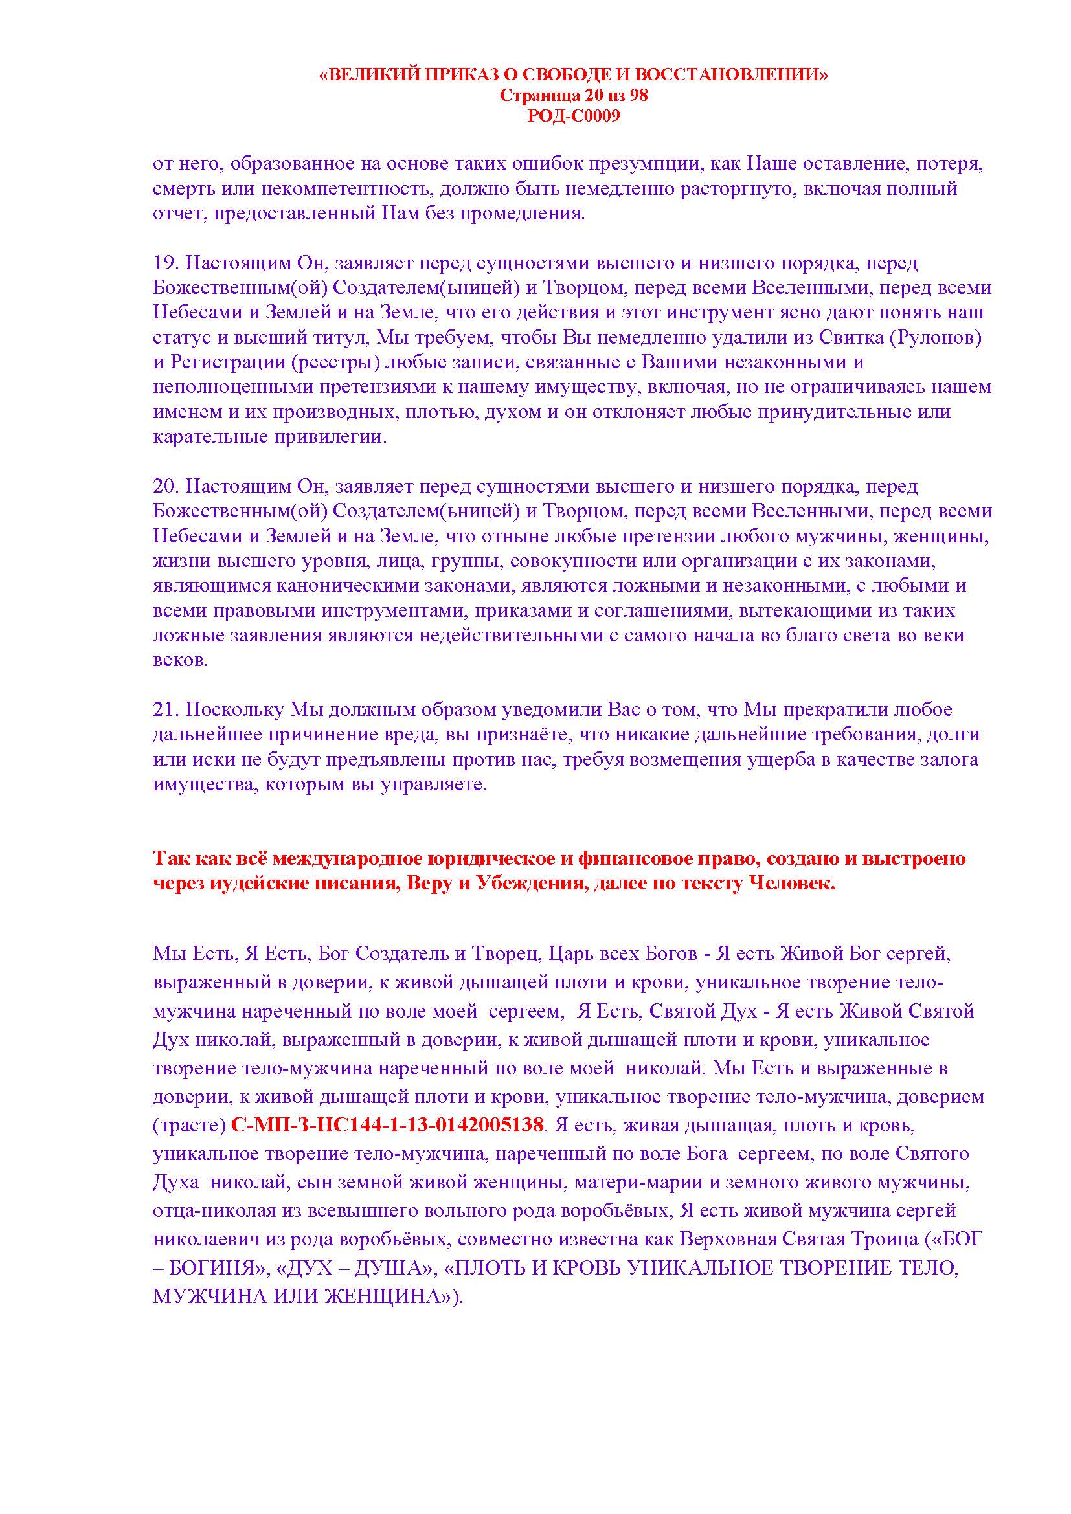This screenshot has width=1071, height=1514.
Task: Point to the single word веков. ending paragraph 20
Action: point(180,660)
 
